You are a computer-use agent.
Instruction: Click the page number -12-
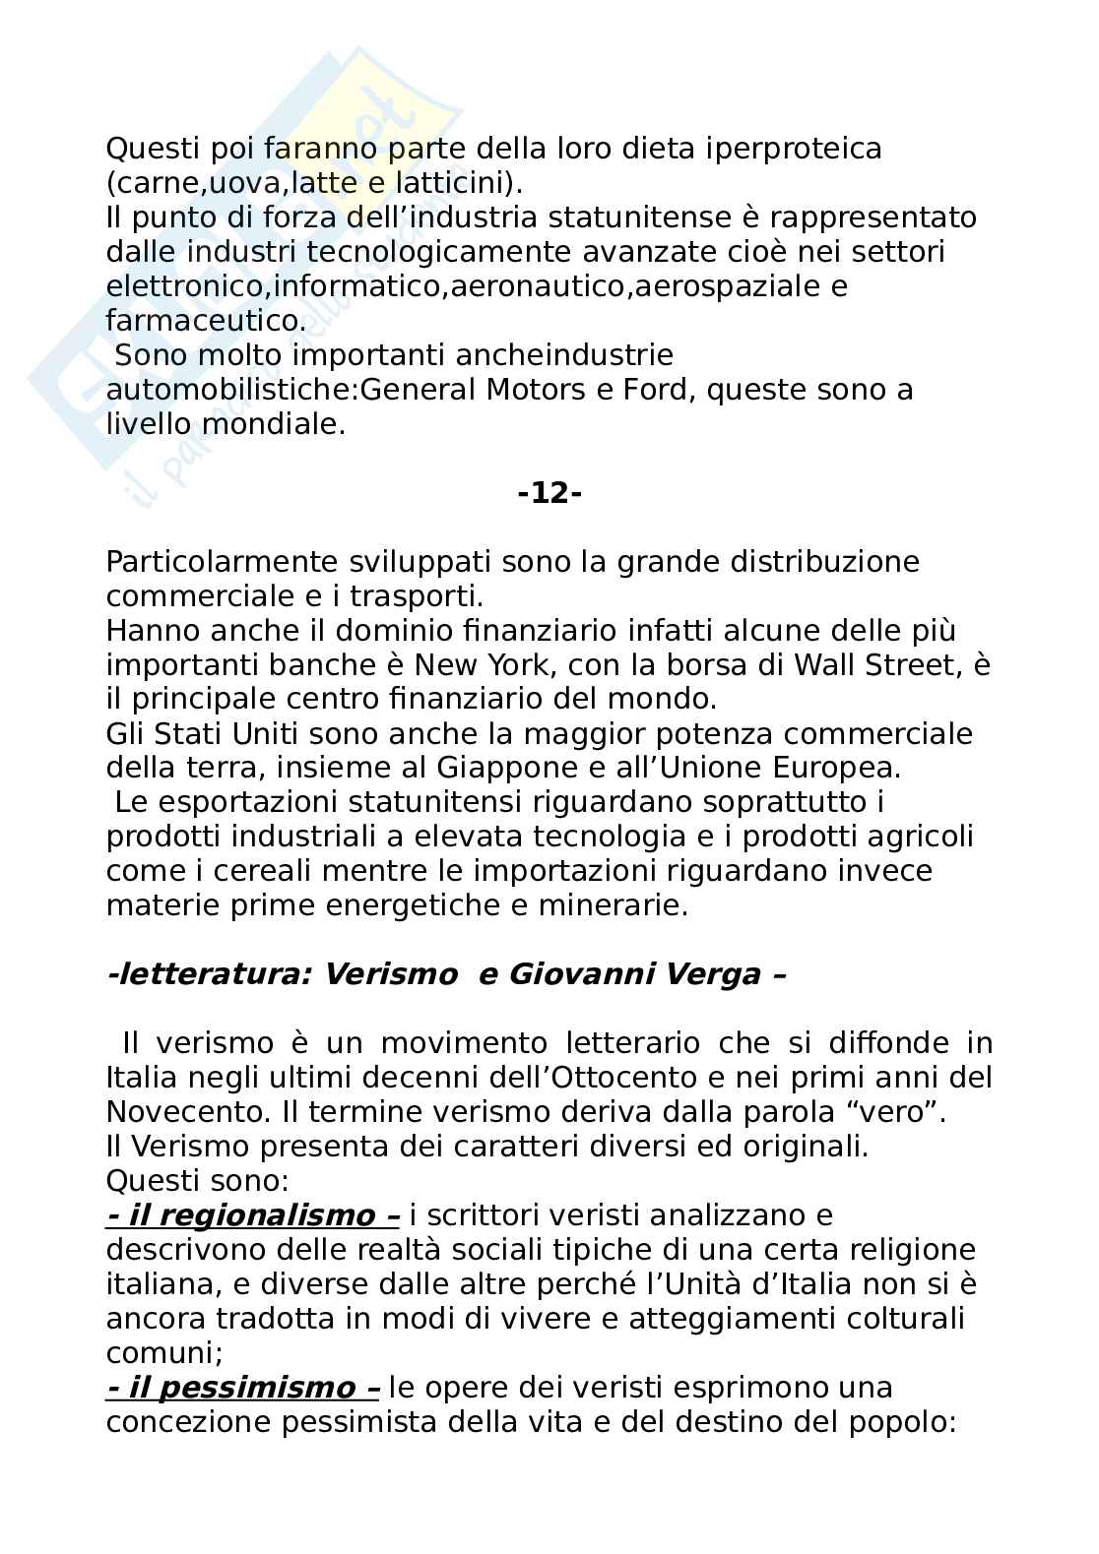coord(549,493)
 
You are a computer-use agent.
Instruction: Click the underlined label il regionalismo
coord(252,1215)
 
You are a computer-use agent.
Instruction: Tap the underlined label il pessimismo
coord(242,1388)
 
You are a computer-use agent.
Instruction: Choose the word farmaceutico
coord(204,321)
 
